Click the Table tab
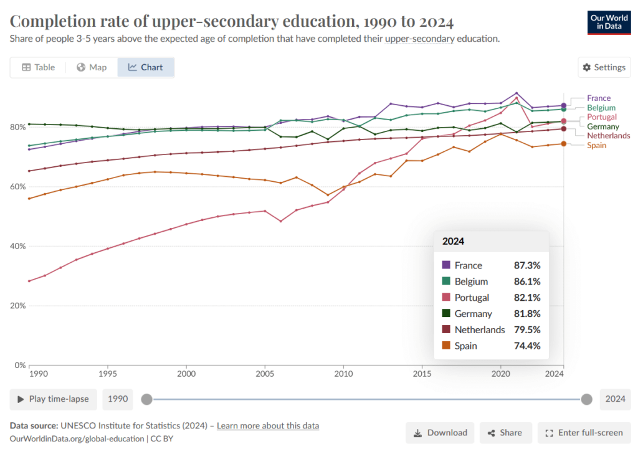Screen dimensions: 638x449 [x=38, y=67]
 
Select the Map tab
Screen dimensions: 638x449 [x=92, y=67]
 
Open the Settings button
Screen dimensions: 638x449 [x=604, y=67]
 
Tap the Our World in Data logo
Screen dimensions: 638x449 [x=609, y=22]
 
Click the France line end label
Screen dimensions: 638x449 [x=599, y=98]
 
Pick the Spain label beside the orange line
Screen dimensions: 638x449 [x=596, y=145]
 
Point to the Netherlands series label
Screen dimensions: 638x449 [x=608, y=135]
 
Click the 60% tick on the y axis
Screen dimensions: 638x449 [x=18, y=187]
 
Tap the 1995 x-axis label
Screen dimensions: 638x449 [x=107, y=374]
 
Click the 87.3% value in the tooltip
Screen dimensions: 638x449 [x=527, y=265]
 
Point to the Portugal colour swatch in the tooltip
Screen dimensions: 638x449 [x=446, y=297]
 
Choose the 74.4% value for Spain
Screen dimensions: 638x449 [x=527, y=346]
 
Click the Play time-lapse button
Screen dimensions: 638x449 [x=54, y=399]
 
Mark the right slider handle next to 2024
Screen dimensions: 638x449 [x=586, y=399]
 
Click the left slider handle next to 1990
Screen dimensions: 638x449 [x=147, y=399]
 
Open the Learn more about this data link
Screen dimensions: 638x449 [x=268, y=426]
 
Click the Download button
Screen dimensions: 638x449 [x=440, y=433]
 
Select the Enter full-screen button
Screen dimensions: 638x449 [x=584, y=433]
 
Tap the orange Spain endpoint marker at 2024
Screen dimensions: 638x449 [x=563, y=144]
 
